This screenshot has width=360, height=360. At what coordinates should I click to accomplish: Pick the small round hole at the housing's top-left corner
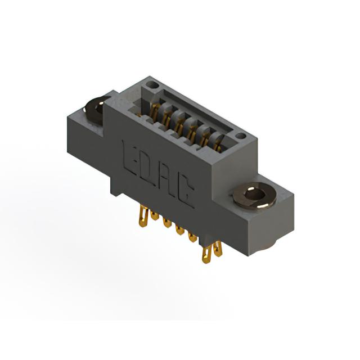tap(152, 85)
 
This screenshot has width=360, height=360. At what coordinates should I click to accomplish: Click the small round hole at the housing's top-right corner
tap(241, 136)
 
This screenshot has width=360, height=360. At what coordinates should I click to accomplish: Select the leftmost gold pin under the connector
tap(143, 216)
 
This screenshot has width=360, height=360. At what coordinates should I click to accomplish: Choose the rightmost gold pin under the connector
tap(218, 249)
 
